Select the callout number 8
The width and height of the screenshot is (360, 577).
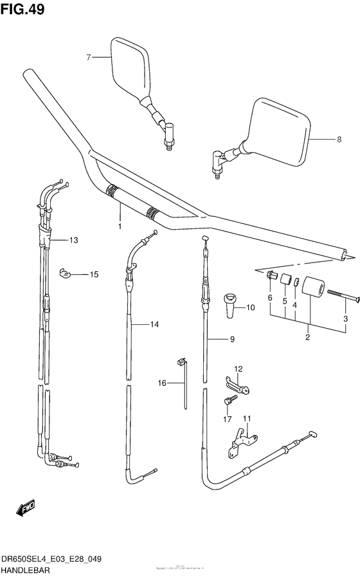pos(339,139)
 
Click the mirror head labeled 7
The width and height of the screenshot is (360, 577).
pos(129,67)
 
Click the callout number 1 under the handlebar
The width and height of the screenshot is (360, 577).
pos(120,226)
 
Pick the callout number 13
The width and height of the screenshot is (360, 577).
pos(73,240)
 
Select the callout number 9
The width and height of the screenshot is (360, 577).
pos(233,339)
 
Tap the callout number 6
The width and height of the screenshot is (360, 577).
pos(270,297)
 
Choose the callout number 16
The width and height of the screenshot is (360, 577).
pos(161,383)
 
